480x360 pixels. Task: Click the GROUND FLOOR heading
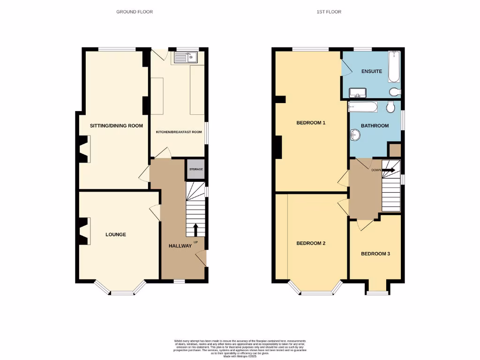pyautogui.click(x=135, y=12)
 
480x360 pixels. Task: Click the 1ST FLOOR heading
pyautogui.click(x=329, y=12)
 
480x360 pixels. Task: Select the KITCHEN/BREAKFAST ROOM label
pyautogui.click(x=179, y=132)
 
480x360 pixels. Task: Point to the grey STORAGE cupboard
pyautogui.click(x=196, y=169)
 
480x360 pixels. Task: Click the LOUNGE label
pyautogui.click(x=115, y=234)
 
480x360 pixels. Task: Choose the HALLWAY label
pyautogui.click(x=180, y=246)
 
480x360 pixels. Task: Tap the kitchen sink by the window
pyautogui.click(x=186, y=58)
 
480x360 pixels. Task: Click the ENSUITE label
pyautogui.click(x=371, y=72)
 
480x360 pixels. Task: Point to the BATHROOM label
pyautogui.click(x=375, y=126)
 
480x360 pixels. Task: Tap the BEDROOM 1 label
pyautogui.click(x=311, y=123)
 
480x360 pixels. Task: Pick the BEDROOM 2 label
pyautogui.click(x=311, y=243)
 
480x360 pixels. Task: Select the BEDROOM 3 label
pyautogui.click(x=375, y=254)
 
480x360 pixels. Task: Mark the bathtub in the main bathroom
pyautogui.click(x=362, y=107)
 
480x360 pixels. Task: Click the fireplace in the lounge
pyautogui.click(x=85, y=232)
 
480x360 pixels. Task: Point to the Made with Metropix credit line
pyautogui.click(x=240, y=357)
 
